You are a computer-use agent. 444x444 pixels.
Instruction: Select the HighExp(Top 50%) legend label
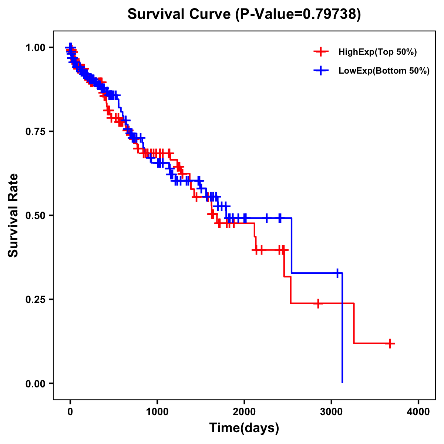point(378,52)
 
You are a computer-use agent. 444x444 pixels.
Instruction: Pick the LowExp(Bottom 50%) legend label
point(384,71)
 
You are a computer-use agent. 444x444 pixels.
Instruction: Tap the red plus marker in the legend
point(321,52)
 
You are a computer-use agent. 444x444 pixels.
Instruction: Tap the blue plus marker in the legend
point(321,71)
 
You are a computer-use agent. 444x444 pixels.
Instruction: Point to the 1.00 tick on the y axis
point(35,47)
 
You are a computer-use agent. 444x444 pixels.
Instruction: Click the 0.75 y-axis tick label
point(35,131)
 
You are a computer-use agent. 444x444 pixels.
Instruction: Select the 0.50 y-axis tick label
point(35,215)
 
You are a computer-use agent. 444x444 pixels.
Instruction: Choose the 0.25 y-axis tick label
point(35,299)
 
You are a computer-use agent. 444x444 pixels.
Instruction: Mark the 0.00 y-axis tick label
point(35,383)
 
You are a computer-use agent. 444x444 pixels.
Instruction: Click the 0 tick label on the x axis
point(70,412)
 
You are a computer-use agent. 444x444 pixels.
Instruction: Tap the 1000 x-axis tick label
point(157,412)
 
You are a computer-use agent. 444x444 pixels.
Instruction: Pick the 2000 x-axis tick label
point(244,412)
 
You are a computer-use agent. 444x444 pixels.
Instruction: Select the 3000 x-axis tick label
point(332,412)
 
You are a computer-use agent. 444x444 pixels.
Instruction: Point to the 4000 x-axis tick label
point(418,412)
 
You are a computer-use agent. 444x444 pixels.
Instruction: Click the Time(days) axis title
point(244,428)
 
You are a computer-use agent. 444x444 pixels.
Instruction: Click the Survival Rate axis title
point(14,215)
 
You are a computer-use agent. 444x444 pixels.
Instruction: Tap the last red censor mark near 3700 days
point(390,343)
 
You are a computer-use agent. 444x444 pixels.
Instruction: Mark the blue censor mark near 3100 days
point(337,273)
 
